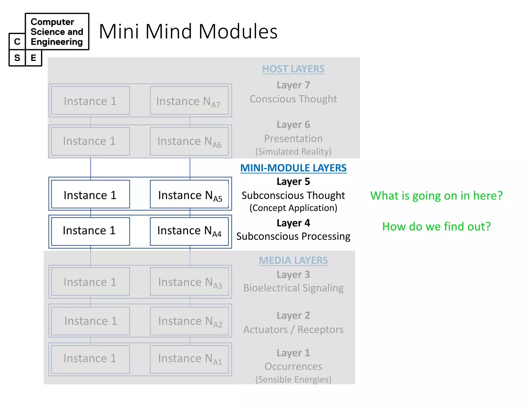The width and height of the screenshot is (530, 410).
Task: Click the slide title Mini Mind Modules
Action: coord(188,32)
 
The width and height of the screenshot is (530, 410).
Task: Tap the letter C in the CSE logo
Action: coord(17,42)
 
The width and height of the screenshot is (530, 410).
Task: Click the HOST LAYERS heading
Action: coord(293,69)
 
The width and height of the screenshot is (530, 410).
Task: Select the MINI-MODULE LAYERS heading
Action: coord(293,168)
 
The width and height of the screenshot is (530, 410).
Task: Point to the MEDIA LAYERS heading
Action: coord(293,260)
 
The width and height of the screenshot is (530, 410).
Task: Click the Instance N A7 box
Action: coord(189,101)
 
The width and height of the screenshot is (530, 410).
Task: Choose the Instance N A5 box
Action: coord(189,194)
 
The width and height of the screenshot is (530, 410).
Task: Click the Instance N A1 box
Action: coord(189,359)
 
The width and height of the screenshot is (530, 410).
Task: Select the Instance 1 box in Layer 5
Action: coord(90,194)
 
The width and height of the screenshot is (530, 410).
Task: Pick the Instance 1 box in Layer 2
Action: coord(90,321)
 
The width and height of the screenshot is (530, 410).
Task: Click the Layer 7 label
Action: coord(293,85)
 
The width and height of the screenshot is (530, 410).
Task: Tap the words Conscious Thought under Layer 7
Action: coord(293,99)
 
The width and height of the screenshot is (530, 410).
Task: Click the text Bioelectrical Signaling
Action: coord(293,288)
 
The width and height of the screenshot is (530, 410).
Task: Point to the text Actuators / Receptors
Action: coord(293,329)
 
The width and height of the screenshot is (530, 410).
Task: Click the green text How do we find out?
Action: coord(436,227)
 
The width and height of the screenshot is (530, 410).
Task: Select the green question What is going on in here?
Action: coord(436,196)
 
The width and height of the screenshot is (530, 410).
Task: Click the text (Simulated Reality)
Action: coord(293,152)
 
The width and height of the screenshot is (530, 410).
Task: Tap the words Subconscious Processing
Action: coord(293,236)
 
